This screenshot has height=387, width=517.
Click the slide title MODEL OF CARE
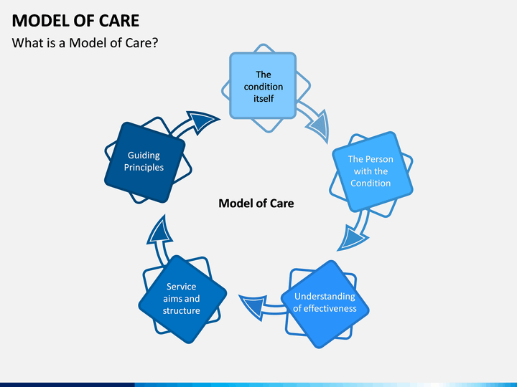coord(75,21)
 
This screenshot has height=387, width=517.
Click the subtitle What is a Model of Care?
coord(85,43)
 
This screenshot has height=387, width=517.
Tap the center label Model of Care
coord(256,204)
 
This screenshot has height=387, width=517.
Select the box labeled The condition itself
coord(263,85)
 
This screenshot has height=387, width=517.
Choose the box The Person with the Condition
coord(373,171)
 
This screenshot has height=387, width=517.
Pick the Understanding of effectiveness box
coord(325,304)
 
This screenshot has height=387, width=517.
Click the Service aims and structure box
coord(182,299)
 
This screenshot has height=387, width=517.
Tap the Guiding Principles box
coord(144,162)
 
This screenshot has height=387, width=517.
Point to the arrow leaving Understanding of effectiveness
coord(261,307)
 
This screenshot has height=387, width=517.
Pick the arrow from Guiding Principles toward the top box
coord(195,124)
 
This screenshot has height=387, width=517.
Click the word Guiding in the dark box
coord(144,155)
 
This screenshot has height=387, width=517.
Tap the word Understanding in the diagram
coord(325,297)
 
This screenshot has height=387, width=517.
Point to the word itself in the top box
coord(264,98)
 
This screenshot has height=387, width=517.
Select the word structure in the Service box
coord(182,310)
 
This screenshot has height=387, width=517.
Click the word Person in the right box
coord(379,159)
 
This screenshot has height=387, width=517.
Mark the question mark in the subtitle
coord(155,43)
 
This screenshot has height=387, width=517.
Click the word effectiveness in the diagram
coord(330,308)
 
